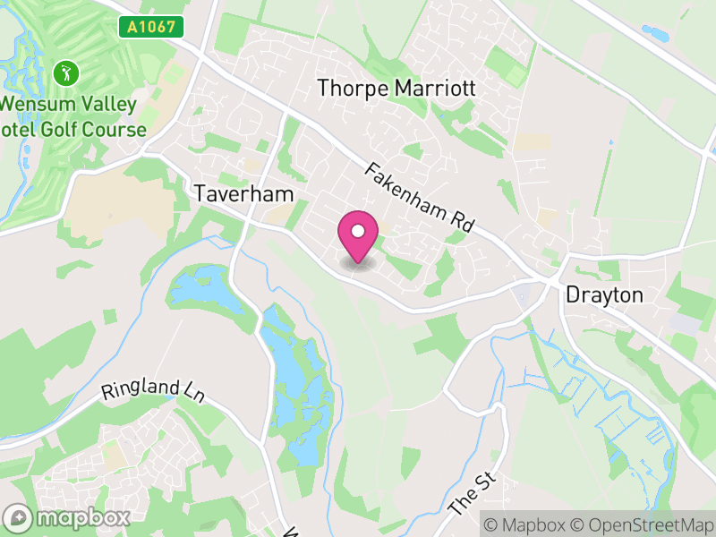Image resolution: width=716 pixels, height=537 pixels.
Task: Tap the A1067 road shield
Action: coord(151,27)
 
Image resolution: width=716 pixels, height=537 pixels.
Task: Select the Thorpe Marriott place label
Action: coord(396,89)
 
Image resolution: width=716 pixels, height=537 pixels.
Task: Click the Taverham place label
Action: coord(243,193)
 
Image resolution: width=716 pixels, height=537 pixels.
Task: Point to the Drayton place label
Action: coord(604,294)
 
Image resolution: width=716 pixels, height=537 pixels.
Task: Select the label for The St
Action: coord(472,493)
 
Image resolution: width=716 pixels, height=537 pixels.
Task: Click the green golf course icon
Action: coord(65,72)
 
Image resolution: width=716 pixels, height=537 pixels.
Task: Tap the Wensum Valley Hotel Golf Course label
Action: coord(72,116)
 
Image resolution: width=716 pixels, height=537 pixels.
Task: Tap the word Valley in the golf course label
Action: coord(101,104)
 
